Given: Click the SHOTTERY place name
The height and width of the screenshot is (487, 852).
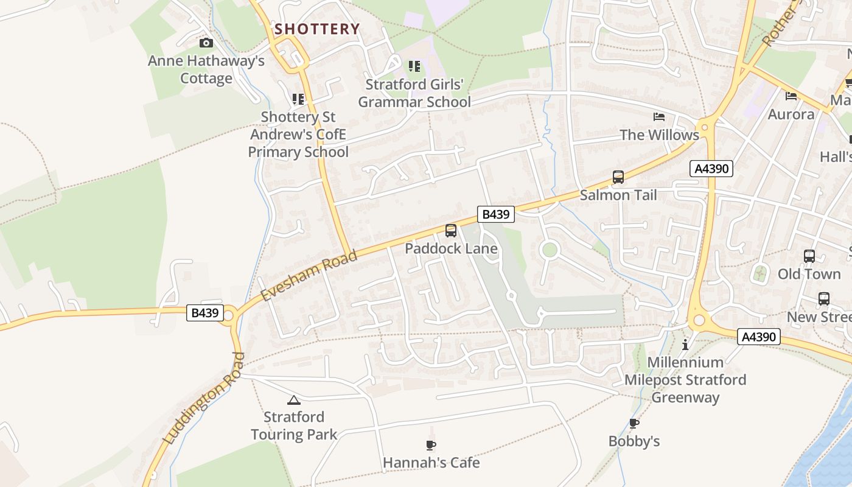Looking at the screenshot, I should tap(317, 29).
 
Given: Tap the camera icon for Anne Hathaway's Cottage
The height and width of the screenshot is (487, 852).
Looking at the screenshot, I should tap(206, 43).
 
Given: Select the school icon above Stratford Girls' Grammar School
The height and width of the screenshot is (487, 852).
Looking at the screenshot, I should tap(414, 66).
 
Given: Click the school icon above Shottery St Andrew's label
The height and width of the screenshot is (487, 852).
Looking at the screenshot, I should tap(298, 99).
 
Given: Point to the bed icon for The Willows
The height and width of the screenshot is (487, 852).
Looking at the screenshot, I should tap(659, 117).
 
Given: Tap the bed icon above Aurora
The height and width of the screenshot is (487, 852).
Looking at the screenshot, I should tap(791, 96).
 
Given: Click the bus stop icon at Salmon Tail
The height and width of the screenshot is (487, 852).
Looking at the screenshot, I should tap(618, 177).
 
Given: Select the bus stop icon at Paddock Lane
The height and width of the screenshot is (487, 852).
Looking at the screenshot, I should tap(451, 231).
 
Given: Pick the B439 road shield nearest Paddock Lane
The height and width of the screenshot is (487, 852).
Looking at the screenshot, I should tap(497, 214).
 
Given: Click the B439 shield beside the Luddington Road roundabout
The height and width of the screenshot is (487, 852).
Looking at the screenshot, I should tap(204, 313).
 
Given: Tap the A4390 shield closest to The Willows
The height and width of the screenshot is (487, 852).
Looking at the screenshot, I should tap(711, 169).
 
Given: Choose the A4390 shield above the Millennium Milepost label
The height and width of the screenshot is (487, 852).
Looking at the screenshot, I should tap(758, 337).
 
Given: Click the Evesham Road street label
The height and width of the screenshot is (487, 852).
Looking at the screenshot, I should tap(309, 275).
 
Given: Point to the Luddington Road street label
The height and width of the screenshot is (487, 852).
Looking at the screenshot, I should tap(203, 398).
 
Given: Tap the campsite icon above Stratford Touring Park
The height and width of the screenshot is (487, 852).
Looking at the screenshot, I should tap(294, 400).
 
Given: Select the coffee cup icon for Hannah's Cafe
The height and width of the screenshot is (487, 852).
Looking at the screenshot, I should tap(431, 446).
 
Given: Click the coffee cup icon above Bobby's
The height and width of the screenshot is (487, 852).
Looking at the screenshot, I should tap(634, 424).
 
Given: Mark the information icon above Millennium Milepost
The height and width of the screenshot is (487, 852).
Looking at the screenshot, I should tap(685, 345).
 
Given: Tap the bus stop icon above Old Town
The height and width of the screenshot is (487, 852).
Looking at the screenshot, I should tap(809, 256).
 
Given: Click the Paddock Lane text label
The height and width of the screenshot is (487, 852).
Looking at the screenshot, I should tap(451, 248).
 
